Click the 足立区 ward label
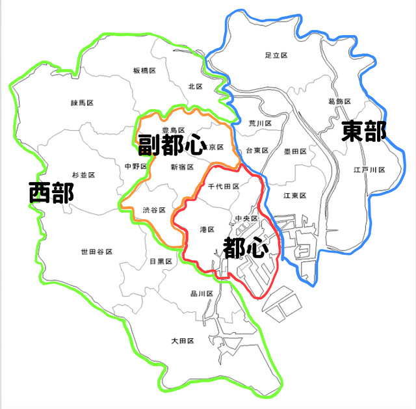277,56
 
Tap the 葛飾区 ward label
340,102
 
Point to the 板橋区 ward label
144,70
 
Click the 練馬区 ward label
83,103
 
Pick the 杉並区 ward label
83,176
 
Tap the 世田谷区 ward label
96,252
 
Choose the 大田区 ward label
183,340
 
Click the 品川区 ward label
202,294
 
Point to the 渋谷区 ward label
154,210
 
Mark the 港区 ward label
207,229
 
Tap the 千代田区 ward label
224,187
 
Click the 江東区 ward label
294,196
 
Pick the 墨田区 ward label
295,151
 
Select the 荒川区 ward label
259,123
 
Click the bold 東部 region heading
364,131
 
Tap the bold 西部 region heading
51,193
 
